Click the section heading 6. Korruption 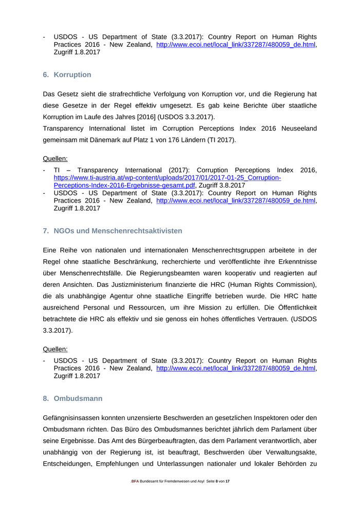tap(67, 75)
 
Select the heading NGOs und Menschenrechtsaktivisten tap(118, 231)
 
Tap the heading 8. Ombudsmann tap(73, 398)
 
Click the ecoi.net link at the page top tap(235, 45)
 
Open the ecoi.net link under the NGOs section tap(235, 368)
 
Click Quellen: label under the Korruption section tap(55, 159)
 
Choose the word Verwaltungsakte tap(289, 453)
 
